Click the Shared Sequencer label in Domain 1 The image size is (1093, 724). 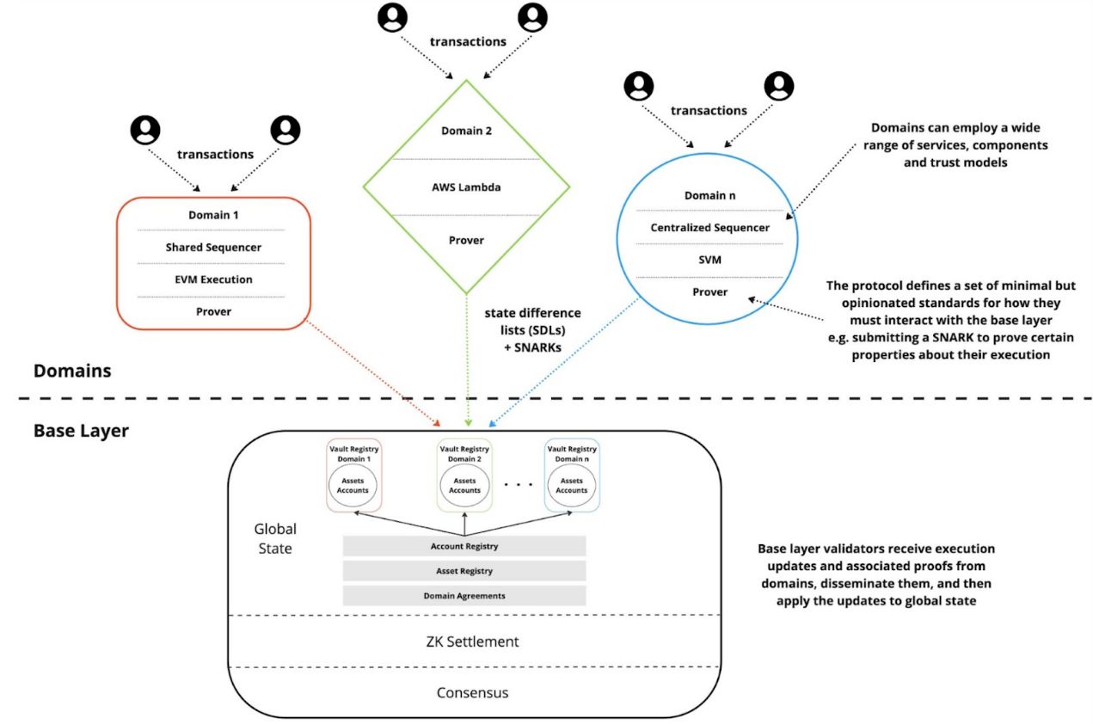(213, 248)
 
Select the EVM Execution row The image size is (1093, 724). (213, 279)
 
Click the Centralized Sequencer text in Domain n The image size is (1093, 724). (709, 228)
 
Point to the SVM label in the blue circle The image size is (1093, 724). (709, 260)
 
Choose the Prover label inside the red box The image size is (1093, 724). (213, 311)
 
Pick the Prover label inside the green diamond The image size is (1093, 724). (465, 240)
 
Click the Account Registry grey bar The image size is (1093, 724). (464, 546)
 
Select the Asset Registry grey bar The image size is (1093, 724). (464, 570)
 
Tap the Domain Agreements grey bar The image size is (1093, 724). (464, 595)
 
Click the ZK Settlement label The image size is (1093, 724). (472, 641)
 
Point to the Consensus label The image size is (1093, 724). (472, 692)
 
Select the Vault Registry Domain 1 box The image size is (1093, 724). (354, 476)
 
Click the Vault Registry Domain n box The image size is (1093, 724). (571, 476)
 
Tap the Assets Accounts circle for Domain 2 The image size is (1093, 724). (464, 485)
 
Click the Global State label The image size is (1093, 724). (275, 538)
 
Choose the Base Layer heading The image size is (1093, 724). (81, 431)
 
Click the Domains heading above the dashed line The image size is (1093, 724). (72, 371)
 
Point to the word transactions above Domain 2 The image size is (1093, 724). (467, 41)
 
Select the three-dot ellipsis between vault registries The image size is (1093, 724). (519, 485)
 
